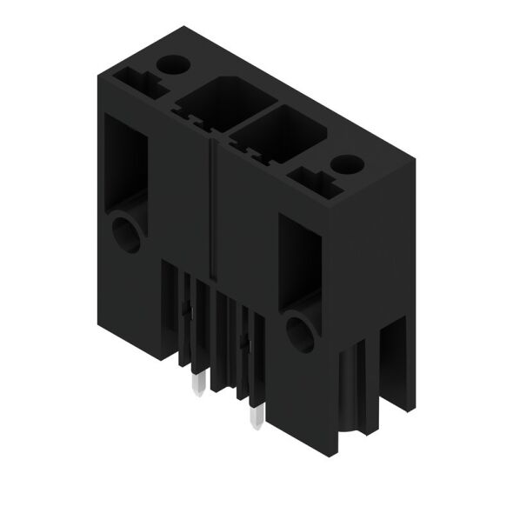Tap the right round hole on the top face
[x=347, y=163]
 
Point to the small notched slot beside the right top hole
[x=310, y=181]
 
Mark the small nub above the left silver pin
[x=186, y=309]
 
